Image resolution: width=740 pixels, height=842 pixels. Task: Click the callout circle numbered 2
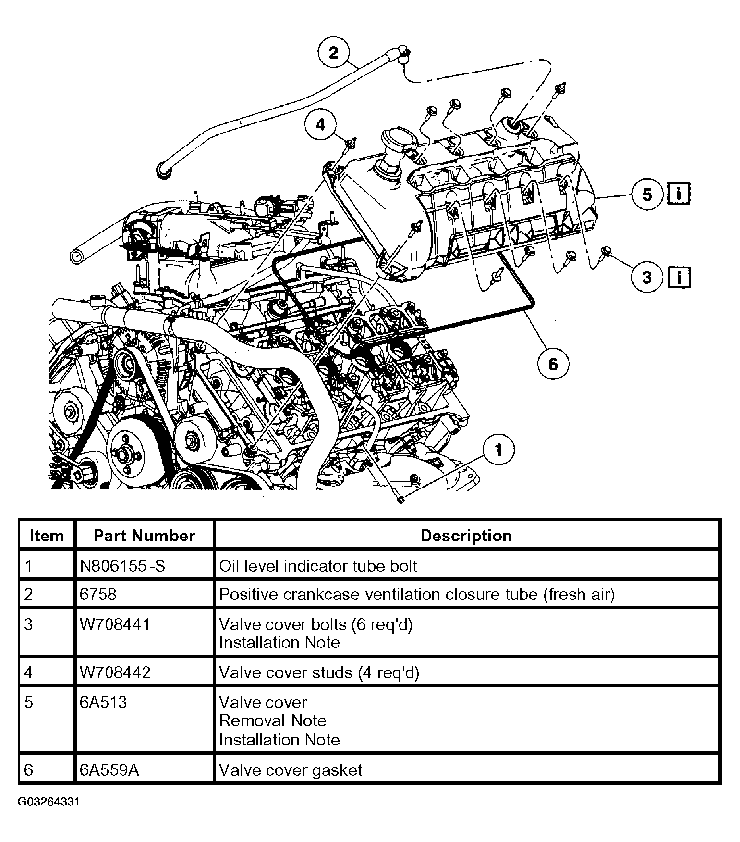[x=333, y=52]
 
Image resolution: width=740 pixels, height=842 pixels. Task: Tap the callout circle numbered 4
[x=320, y=125]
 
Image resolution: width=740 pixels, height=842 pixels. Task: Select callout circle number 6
[x=553, y=364]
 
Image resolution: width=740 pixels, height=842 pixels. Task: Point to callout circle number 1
[x=498, y=450]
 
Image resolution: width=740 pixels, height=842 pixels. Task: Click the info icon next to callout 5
[x=679, y=194]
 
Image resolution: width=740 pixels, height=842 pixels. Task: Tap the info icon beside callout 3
[x=679, y=277]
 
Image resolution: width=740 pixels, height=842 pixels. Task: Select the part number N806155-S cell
[x=122, y=565]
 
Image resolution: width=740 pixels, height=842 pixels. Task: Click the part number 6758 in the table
[x=98, y=594]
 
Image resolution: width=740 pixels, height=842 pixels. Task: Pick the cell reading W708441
[x=115, y=624]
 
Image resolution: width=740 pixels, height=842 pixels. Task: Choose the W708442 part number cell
[x=115, y=672]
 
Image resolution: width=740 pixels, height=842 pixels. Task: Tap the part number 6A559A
[x=109, y=770]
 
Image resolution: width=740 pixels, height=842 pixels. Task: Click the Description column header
[x=466, y=536]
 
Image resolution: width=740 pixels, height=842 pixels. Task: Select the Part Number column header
[x=144, y=536]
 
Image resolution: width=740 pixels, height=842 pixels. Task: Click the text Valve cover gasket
[x=291, y=770]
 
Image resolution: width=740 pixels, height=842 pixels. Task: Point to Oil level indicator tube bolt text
[x=318, y=565]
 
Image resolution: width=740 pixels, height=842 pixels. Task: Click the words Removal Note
[x=272, y=720]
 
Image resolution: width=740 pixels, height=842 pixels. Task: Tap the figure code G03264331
[x=49, y=802]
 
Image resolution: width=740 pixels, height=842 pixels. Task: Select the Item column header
[x=47, y=536]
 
